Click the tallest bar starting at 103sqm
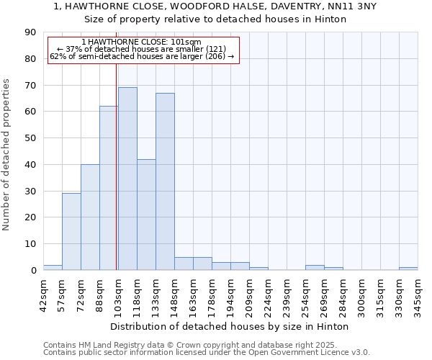127,179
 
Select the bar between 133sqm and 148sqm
165,181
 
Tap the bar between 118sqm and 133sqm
146,215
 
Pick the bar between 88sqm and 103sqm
109,188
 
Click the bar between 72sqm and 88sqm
90,217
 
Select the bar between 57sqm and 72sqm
71,231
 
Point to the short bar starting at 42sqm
53,267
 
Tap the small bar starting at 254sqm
315,267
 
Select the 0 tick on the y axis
33,270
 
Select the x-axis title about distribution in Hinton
230,326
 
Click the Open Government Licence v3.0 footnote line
207,352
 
